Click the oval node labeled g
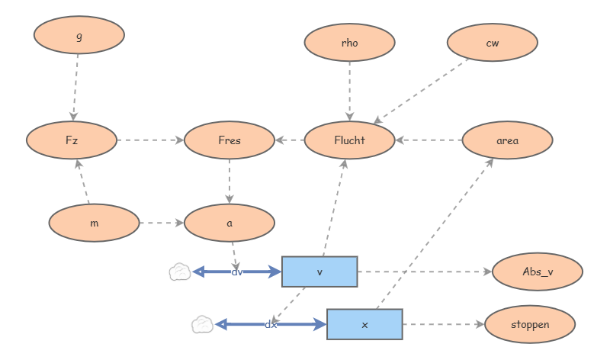click(x=79, y=35)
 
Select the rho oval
click(x=349, y=43)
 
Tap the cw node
click(x=492, y=43)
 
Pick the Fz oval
click(x=72, y=140)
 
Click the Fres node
click(x=230, y=140)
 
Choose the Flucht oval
click(x=349, y=140)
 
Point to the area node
click(x=507, y=140)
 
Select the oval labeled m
click(x=94, y=223)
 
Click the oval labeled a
click(x=230, y=223)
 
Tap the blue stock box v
click(x=319, y=272)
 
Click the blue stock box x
click(x=364, y=324)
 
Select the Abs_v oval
click(x=538, y=272)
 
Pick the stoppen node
click(x=530, y=324)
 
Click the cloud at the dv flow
click(x=180, y=272)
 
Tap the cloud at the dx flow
click(x=202, y=324)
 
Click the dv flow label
click(x=237, y=272)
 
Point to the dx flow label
click(x=271, y=325)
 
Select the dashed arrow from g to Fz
click(x=75, y=88)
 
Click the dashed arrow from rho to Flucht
click(x=349, y=91)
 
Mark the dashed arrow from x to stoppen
click(x=444, y=324)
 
